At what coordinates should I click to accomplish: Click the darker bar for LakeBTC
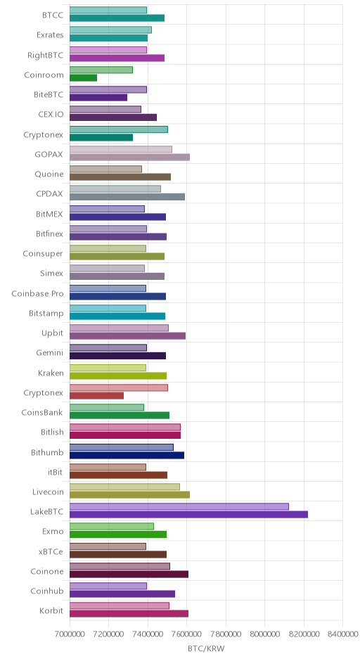(x=188, y=514)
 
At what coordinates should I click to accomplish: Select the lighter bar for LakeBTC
(x=179, y=507)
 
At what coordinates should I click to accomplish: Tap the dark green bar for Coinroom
(x=83, y=77)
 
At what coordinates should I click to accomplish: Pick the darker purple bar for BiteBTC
(x=98, y=97)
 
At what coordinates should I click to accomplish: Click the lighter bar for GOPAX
(x=120, y=149)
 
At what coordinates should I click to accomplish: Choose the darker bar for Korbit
(x=129, y=613)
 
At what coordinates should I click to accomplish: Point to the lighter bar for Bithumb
(x=122, y=447)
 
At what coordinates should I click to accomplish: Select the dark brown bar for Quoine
(x=120, y=177)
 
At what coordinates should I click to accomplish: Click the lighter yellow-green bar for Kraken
(x=108, y=368)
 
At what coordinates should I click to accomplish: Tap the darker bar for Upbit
(x=127, y=335)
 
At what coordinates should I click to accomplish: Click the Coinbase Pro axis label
(x=37, y=294)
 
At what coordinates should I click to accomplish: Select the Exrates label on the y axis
(x=50, y=35)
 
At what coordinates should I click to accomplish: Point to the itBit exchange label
(x=56, y=472)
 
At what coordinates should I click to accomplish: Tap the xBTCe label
(x=51, y=552)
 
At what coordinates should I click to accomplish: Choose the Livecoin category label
(x=48, y=492)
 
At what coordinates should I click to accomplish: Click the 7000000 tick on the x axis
(x=70, y=634)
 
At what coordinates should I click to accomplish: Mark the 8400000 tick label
(x=342, y=634)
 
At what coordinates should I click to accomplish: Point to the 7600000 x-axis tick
(x=226, y=634)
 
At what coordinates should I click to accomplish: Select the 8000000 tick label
(x=265, y=634)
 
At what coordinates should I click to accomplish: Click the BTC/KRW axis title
(x=206, y=649)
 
